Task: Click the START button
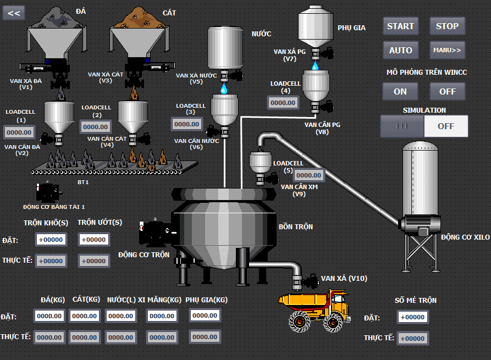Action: (400, 26)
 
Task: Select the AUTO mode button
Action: (400, 50)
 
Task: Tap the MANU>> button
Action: (447, 50)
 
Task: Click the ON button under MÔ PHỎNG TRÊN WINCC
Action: (400, 91)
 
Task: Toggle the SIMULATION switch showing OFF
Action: (424, 126)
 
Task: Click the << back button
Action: (14, 13)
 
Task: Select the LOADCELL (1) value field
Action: (19, 132)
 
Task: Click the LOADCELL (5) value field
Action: (309, 175)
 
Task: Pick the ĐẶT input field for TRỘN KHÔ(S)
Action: (51, 240)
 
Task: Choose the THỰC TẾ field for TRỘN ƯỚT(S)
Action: (93, 261)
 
